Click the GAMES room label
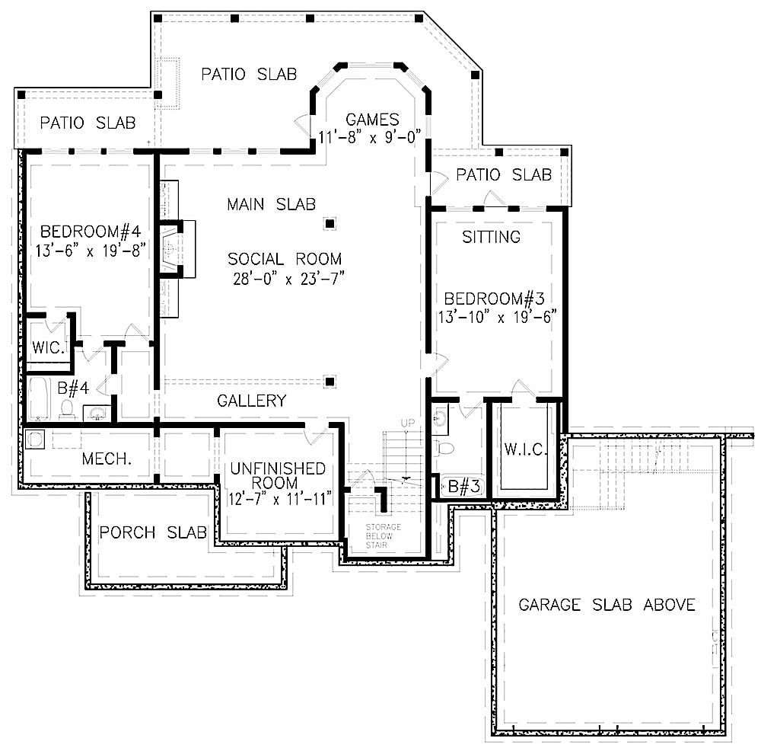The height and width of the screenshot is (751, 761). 372,120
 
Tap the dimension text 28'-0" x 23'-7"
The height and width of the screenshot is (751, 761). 288,278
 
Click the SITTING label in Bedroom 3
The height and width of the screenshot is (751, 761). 492,237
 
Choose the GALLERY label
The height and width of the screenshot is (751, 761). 252,401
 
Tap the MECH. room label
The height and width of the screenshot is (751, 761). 107,459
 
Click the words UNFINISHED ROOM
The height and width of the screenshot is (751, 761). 278,476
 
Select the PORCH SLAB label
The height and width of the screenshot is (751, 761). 153,532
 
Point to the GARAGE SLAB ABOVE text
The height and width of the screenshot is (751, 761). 607,605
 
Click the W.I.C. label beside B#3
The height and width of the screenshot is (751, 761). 525,449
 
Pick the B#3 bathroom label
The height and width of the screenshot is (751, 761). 463,486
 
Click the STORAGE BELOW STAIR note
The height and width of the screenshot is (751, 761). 383,536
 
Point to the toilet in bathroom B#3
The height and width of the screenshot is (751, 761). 447,448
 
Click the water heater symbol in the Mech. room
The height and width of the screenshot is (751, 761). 34,439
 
